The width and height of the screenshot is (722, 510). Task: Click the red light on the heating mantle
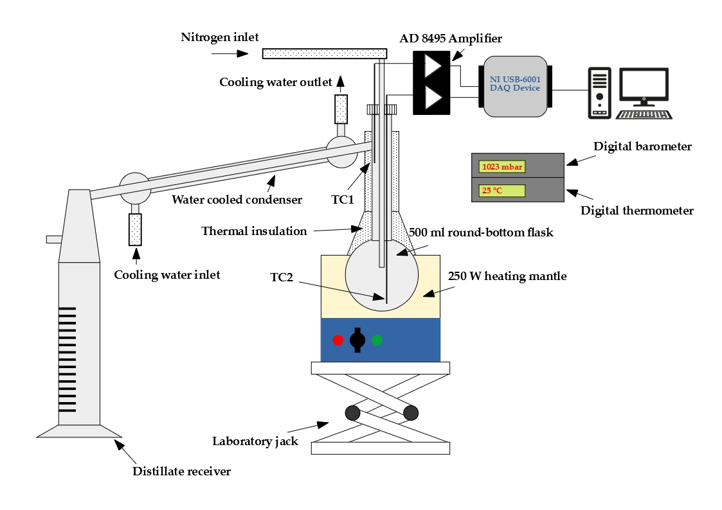click(x=338, y=340)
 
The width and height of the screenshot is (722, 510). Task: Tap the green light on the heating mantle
click(x=377, y=340)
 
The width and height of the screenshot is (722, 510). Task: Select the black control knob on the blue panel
click(x=357, y=340)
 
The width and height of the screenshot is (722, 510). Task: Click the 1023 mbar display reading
click(x=502, y=166)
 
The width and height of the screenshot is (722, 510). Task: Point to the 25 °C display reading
click(x=502, y=190)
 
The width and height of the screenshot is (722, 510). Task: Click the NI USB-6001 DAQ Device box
click(x=515, y=87)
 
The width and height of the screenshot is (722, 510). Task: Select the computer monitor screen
click(x=644, y=85)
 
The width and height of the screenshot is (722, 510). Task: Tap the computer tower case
click(x=599, y=93)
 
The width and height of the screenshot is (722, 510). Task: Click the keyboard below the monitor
click(x=644, y=114)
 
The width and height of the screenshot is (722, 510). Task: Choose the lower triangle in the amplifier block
click(x=431, y=98)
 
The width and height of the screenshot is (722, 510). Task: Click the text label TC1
click(x=343, y=199)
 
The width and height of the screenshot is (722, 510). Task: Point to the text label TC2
click(x=282, y=277)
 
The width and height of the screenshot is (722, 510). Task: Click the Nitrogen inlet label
click(x=220, y=37)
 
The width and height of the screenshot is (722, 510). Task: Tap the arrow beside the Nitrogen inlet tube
click(x=230, y=54)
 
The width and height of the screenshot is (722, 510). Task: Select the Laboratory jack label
click(x=255, y=441)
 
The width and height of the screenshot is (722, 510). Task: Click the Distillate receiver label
click(x=181, y=471)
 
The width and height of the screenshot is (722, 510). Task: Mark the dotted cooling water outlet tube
click(x=341, y=109)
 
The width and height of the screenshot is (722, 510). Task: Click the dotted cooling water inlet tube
click(x=136, y=229)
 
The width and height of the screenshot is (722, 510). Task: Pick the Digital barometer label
click(x=642, y=146)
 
